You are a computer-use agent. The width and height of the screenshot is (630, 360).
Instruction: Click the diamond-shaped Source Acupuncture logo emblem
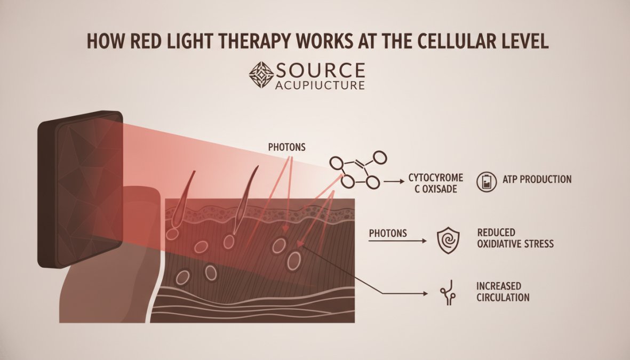(261, 75)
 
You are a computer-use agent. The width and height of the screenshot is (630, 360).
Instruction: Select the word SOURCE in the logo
(320, 70)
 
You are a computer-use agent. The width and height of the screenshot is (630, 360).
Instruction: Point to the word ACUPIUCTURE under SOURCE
(320, 85)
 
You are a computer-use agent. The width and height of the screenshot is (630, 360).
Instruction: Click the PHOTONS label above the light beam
(287, 147)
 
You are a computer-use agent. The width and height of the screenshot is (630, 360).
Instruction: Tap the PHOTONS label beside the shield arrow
(388, 233)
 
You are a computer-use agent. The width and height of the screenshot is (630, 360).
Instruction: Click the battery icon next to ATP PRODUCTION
(487, 182)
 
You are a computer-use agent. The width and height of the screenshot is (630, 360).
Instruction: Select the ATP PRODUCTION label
(537, 179)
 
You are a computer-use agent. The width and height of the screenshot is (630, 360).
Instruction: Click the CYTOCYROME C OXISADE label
(436, 183)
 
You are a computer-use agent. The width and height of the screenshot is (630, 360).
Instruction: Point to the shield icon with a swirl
(448, 241)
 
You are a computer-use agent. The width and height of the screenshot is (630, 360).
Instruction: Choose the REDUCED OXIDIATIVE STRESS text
(515, 238)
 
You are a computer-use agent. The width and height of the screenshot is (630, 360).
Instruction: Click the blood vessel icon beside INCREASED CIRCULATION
(448, 292)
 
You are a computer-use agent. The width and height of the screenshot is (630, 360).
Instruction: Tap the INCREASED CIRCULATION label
(503, 292)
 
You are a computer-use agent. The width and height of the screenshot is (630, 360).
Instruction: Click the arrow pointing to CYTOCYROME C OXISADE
(394, 182)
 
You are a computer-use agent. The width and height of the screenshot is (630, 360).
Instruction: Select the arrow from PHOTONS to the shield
(398, 241)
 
